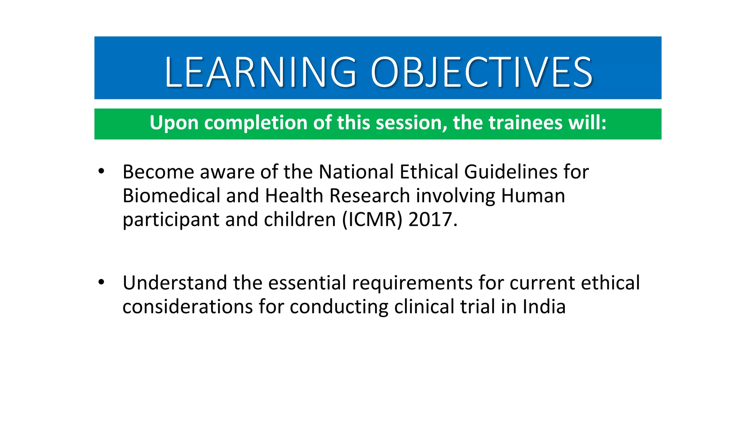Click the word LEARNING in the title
coord(261,72)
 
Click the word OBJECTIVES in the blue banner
coord(481,72)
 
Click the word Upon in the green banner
coord(174,123)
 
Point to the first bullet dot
coord(102,172)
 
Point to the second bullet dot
coord(102,283)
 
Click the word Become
coord(158,172)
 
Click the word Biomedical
coord(171,196)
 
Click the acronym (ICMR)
coord(372,220)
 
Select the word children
coord(299,220)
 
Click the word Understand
coord(175,283)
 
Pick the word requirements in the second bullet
coord(412,283)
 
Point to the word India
coord(544,307)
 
